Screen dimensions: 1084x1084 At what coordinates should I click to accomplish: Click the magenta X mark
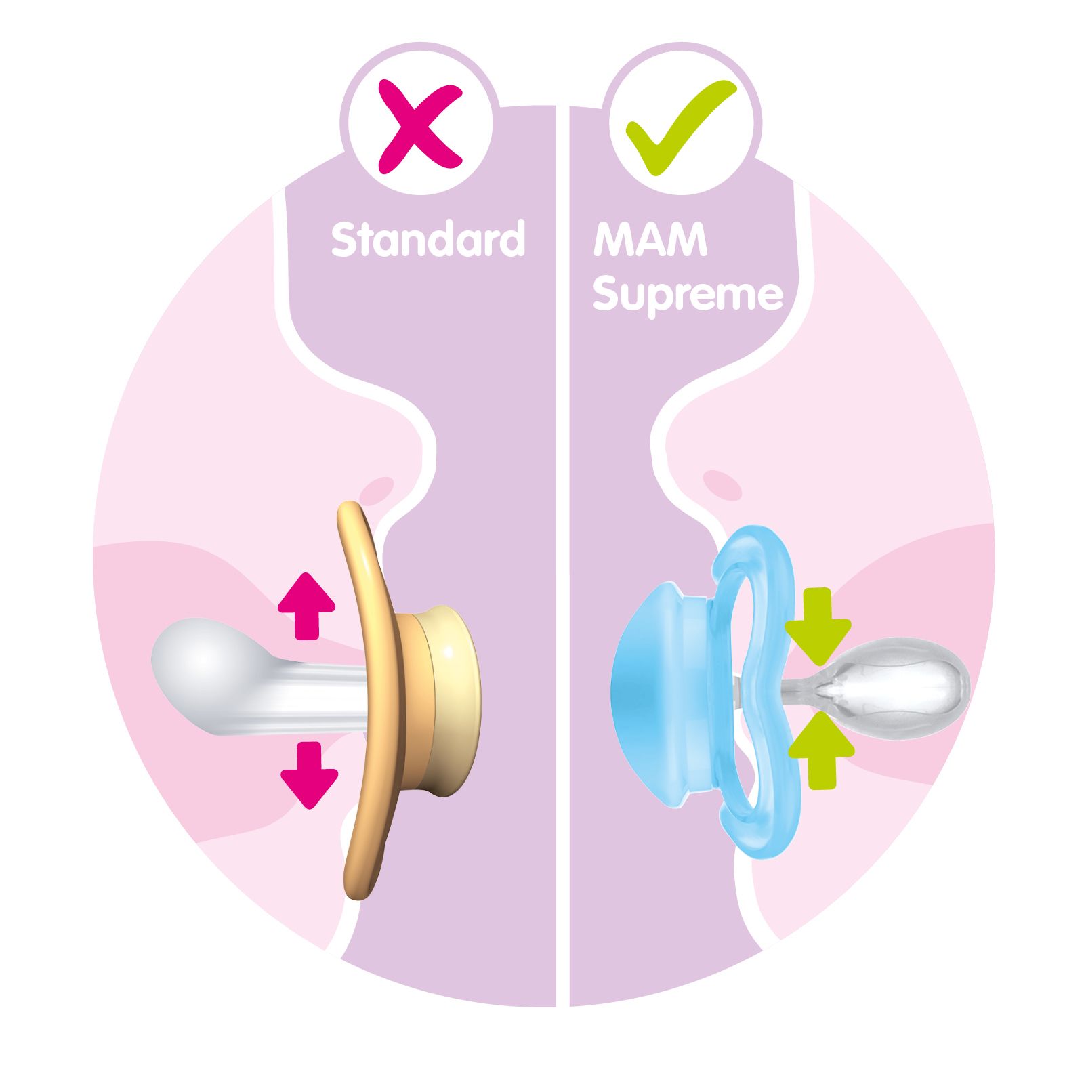[x=419, y=125]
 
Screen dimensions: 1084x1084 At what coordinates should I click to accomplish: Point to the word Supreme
[x=688, y=296]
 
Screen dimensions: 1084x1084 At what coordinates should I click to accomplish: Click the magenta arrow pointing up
[x=306, y=606]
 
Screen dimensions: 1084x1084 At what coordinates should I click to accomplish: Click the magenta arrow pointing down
[x=309, y=775]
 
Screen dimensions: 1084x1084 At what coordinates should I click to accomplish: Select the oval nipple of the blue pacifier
[x=901, y=690]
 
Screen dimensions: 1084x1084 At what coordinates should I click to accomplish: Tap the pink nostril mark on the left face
[x=377, y=488]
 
